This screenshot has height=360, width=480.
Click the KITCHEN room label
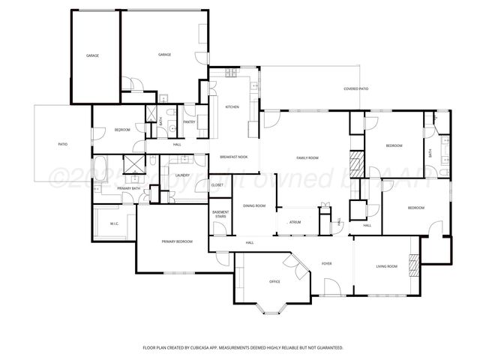coord(232,107)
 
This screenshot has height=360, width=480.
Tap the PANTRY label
coord(189,121)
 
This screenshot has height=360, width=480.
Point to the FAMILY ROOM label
coord(307,157)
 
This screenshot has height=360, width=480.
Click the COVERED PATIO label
coord(355,89)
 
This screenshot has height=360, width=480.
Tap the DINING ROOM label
coord(254,205)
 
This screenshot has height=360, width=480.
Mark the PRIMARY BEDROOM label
coord(177,241)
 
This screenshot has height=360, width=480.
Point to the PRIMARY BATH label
coord(129,188)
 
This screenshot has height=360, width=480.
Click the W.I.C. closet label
coord(115,223)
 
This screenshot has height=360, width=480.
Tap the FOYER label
coord(327,264)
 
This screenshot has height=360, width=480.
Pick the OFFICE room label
coord(274,282)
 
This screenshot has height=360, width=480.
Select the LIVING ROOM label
coord(386,266)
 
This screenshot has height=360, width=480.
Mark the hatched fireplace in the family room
coord(356,163)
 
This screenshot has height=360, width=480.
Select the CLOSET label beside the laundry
coord(217,184)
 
